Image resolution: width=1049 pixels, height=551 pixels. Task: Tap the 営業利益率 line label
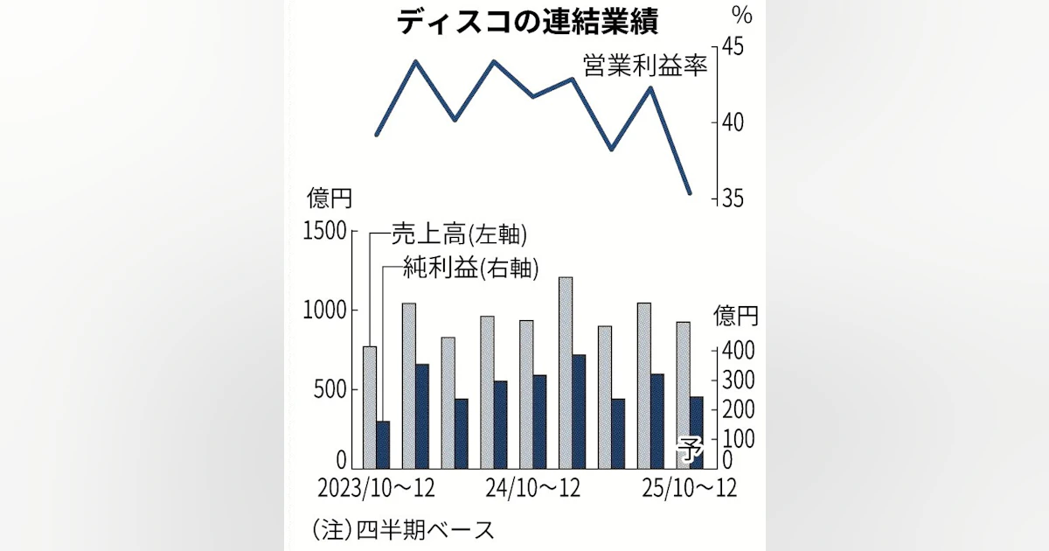[x=644, y=66]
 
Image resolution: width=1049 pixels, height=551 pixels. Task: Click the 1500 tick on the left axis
[x=324, y=232]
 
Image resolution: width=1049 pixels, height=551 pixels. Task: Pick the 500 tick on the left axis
[x=330, y=389]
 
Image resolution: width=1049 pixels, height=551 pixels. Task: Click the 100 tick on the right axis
[x=735, y=437]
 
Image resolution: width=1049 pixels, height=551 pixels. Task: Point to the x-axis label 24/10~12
[x=532, y=486]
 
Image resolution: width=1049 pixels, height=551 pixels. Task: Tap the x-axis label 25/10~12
[x=689, y=486]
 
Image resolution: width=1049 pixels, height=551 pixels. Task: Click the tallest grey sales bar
[x=566, y=372]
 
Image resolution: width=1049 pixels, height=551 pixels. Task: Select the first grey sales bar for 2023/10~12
[x=370, y=407]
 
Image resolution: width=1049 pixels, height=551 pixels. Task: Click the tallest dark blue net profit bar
[x=580, y=411]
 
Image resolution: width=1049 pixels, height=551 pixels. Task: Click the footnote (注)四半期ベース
[x=402, y=529]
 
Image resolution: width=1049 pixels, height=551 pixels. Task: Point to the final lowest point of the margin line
[x=690, y=193]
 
